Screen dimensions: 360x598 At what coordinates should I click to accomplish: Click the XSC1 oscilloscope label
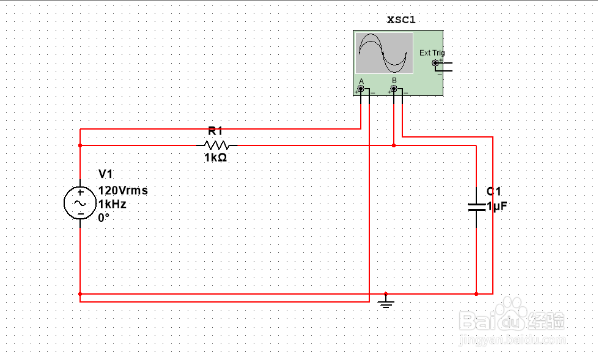(x=401, y=20)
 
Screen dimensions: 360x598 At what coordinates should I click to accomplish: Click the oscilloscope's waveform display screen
(x=384, y=53)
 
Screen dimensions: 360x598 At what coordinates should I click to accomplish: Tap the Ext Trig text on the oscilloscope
(x=432, y=53)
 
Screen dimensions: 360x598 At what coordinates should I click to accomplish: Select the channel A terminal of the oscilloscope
(x=361, y=90)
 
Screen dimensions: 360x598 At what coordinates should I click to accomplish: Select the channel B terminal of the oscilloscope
(x=394, y=90)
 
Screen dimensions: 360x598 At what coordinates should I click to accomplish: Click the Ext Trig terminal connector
(x=435, y=63)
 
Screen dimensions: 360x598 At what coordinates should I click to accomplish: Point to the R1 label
(x=215, y=131)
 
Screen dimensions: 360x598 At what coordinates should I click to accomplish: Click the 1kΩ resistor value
(x=215, y=158)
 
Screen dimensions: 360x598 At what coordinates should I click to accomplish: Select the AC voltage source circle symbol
(x=80, y=203)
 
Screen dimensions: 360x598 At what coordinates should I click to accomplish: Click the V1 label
(x=106, y=175)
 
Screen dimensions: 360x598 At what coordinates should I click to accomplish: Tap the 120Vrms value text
(x=123, y=191)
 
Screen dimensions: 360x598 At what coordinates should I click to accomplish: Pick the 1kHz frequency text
(x=112, y=204)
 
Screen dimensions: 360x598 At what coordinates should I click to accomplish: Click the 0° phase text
(x=103, y=217)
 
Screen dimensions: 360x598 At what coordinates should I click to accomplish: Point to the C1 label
(x=494, y=192)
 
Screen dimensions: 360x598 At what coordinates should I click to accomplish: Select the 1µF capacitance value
(x=497, y=207)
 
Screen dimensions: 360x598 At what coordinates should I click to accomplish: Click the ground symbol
(x=385, y=302)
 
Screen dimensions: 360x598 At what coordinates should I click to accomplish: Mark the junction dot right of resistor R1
(x=394, y=145)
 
